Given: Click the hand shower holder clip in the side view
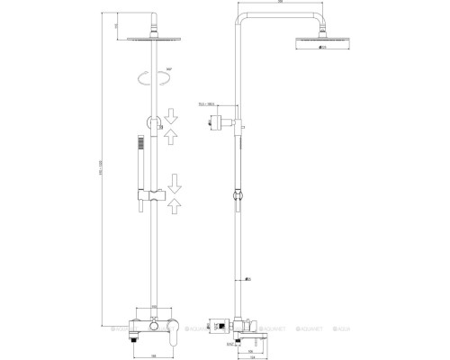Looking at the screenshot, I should pyautogui.click(x=239, y=193).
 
